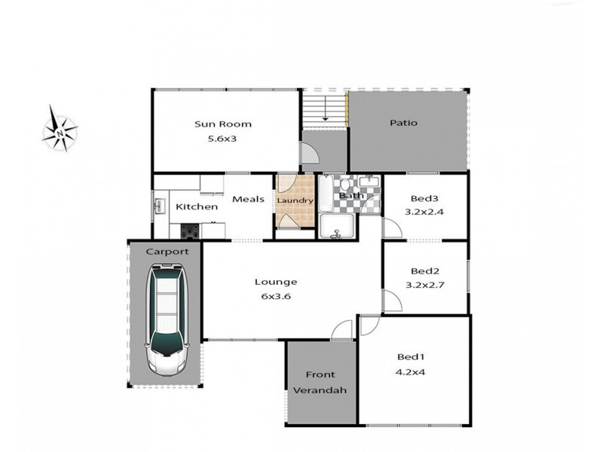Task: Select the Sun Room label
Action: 222,124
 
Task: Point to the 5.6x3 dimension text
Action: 222,138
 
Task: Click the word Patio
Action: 403,123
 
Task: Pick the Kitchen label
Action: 197,206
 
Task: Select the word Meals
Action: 247,199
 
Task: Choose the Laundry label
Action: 295,200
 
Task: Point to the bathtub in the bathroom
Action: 325,194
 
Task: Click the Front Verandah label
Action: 320,382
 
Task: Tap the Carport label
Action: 167,251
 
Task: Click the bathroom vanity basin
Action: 369,182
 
